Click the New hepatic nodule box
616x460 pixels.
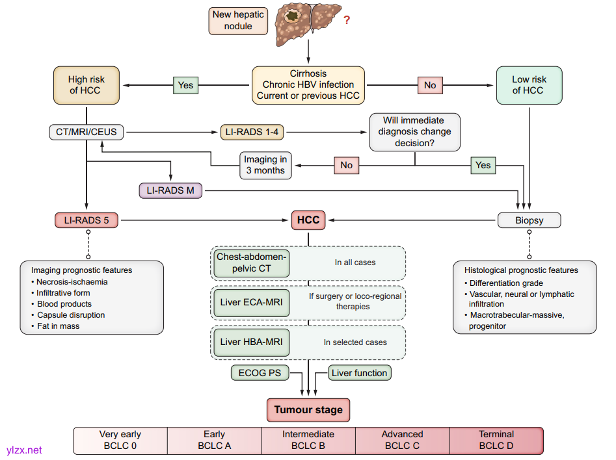click(237, 20)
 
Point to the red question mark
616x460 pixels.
click(347, 20)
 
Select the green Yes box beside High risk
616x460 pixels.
click(185, 85)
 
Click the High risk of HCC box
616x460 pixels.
click(86, 85)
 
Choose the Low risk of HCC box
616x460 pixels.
click(529, 85)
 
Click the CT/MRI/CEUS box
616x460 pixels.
click(87, 132)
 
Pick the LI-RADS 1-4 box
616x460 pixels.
click(252, 132)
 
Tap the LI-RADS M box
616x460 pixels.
click(171, 190)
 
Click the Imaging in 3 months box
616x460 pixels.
click(265, 165)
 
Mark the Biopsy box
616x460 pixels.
click(529, 220)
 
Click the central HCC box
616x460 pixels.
click(308, 220)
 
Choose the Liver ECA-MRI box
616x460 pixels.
click(252, 301)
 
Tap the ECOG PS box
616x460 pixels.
click(259, 373)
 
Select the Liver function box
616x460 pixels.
click(359, 373)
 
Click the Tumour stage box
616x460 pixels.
click(308, 410)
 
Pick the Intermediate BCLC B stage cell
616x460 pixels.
click(308, 440)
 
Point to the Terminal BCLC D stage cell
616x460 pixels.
click(496, 440)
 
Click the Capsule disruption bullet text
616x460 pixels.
click(72, 315)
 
